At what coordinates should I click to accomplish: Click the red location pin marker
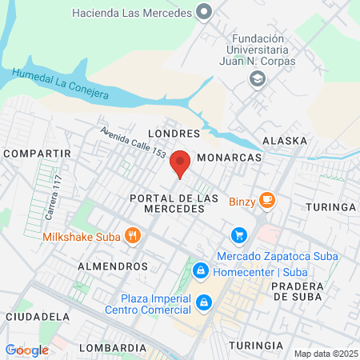(180, 163)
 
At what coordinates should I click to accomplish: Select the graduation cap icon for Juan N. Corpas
(257, 78)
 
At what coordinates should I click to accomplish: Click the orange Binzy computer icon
(267, 200)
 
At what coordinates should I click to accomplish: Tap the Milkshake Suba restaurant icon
(133, 236)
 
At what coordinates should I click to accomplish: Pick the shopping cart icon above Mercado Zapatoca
(238, 235)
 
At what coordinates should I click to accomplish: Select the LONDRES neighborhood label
(173, 133)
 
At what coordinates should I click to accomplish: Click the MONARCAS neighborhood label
(229, 158)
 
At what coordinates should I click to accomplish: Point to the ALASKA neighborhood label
(284, 141)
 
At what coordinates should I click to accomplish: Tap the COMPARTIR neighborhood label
(37, 152)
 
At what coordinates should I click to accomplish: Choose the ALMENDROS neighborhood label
(113, 265)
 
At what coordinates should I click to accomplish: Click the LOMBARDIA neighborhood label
(112, 348)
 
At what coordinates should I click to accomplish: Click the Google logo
(27, 350)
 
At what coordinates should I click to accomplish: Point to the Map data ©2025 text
(326, 354)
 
